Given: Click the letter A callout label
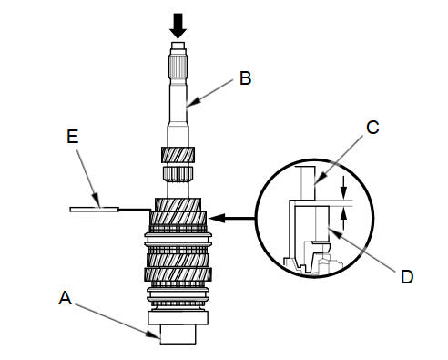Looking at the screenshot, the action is (66, 298).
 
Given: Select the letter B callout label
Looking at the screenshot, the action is (245, 78).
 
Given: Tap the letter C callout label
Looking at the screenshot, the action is (372, 128).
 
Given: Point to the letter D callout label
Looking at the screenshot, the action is (407, 277).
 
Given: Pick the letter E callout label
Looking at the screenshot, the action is (73, 136).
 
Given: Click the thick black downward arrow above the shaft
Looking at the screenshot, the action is (178, 26).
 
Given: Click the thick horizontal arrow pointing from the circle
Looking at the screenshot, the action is (232, 218).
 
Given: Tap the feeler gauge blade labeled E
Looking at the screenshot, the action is (94, 210).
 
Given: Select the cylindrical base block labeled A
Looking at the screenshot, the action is (178, 334).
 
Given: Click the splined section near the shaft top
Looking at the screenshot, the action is (178, 67).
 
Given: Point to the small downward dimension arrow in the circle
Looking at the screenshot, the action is (343, 187).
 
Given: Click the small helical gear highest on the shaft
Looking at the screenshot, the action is (178, 155).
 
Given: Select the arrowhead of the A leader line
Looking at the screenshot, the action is (154, 335).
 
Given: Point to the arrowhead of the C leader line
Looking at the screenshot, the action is (321, 179).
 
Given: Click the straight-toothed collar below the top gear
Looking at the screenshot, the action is (178, 174).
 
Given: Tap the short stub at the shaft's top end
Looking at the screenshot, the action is (178, 46).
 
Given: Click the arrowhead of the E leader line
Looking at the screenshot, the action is (97, 201).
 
